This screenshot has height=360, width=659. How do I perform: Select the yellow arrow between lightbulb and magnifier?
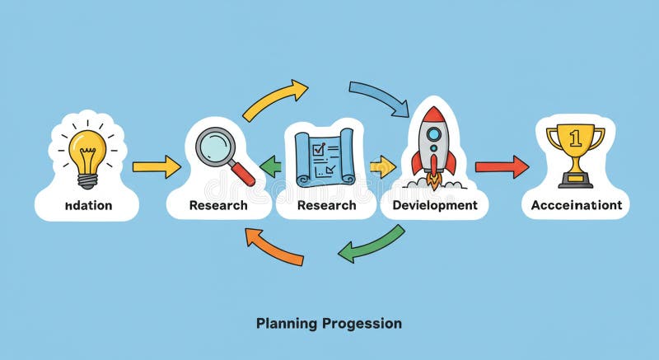point(156,166)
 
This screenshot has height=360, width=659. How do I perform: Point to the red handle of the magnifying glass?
point(244,174)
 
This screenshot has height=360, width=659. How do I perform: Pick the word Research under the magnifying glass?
point(217,205)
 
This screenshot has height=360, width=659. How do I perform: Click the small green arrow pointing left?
point(270,167)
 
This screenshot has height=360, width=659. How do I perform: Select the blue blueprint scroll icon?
point(325,157)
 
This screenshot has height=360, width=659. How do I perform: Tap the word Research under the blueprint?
point(326,205)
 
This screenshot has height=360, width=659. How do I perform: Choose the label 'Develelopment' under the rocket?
point(435,205)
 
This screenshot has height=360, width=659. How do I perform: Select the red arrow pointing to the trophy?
point(502,166)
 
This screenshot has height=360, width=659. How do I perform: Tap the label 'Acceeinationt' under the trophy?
point(576,205)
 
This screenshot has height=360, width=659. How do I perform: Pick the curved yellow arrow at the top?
point(275,100)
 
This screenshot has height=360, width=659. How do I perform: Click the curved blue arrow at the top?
point(380,97)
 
